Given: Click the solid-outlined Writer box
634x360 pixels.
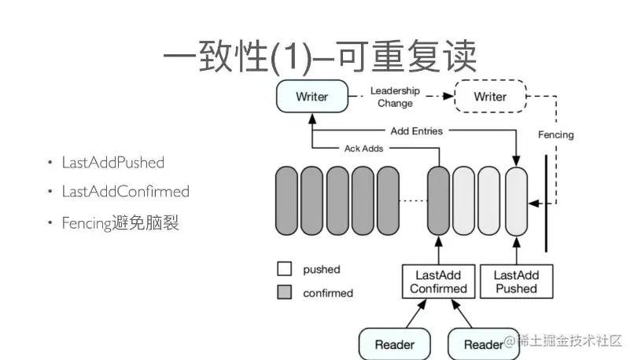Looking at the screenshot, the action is pyautogui.click(x=312, y=96).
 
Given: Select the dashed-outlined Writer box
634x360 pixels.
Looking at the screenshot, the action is pyautogui.click(x=491, y=96).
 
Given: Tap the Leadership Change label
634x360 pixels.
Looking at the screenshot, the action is pyautogui.click(x=395, y=97).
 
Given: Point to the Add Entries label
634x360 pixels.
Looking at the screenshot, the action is pyautogui.click(x=416, y=131).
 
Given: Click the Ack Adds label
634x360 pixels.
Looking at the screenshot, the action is pyautogui.click(x=363, y=149).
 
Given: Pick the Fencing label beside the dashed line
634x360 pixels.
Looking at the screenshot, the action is pyautogui.click(x=555, y=134).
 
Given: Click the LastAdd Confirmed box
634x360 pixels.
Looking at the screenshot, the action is pyautogui.click(x=438, y=281).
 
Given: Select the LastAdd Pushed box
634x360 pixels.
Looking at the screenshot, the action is pyautogui.click(x=516, y=281).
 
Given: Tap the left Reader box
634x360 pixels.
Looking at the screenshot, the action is pyautogui.click(x=395, y=343).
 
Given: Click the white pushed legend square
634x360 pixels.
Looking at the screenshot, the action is pyautogui.click(x=285, y=269).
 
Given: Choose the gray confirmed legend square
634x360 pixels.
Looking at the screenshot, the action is pyautogui.click(x=285, y=292).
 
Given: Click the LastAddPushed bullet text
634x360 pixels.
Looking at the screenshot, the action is pyautogui.click(x=112, y=163).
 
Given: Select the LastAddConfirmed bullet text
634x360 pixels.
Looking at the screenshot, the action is pyautogui.click(x=125, y=191).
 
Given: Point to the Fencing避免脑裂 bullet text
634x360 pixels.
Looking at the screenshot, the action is pyautogui.click(x=120, y=222).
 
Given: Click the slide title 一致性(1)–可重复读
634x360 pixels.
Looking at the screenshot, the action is pyautogui.click(x=320, y=57).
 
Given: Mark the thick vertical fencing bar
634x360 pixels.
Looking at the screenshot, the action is pyautogui.click(x=546, y=204).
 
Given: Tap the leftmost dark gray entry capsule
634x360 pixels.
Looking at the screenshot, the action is pyautogui.click(x=286, y=200).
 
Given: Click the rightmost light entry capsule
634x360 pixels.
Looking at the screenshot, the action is pyautogui.click(x=516, y=201).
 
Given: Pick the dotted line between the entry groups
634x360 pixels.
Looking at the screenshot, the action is pyautogui.click(x=413, y=200).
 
